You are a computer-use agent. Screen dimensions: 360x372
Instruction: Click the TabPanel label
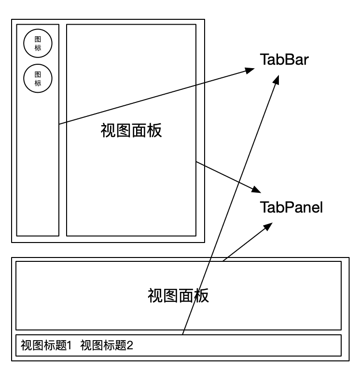(x=291, y=208)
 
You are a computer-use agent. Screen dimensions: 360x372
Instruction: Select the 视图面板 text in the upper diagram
(x=131, y=130)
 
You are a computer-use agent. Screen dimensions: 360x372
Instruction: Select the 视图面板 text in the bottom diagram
(x=178, y=295)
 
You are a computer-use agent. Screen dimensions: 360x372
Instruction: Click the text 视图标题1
(x=46, y=345)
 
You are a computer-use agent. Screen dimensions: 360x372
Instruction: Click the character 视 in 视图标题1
(x=25, y=345)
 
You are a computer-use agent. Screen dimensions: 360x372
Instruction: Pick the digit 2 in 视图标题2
(x=129, y=345)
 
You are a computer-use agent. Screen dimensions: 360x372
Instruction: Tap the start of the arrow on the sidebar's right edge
(x=59, y=125)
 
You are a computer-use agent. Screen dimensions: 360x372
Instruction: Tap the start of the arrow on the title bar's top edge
(x=183, y=334)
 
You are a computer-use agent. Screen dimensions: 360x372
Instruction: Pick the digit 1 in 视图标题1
(x=69, y=345)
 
